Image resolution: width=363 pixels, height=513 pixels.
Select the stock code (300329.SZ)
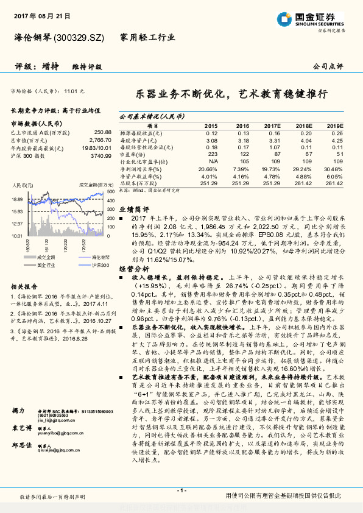coord(82,38)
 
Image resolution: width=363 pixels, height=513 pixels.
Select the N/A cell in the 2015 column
coord(213,161)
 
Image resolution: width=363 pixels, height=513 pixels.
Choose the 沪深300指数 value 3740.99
coord(100,155)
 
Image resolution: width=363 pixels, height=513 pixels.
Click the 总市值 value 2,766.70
coord(99,140)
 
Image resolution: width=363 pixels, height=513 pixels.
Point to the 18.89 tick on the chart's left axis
coord(16,199)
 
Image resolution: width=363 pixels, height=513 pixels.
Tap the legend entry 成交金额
coord(46,258)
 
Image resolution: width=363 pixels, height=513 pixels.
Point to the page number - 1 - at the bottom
coord(181,490)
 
